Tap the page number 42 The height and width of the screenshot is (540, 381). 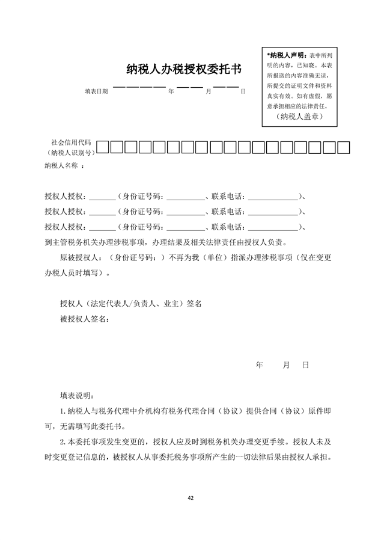pyautogui.click(x=190, y=498)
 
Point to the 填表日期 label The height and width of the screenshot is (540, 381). pyautogui.click(x=96, y=91)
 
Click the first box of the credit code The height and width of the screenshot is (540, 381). pyautogui.click(x=103, y=147)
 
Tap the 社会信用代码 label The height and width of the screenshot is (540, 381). pyautogui.click(x=71, y=143)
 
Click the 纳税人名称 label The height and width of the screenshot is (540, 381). pyautogui.click(x=61, y=165)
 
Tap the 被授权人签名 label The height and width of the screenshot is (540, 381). pyautogui.click(x=84, y=318)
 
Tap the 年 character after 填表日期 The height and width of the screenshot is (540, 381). pyautogui.click(x=171, y=91)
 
